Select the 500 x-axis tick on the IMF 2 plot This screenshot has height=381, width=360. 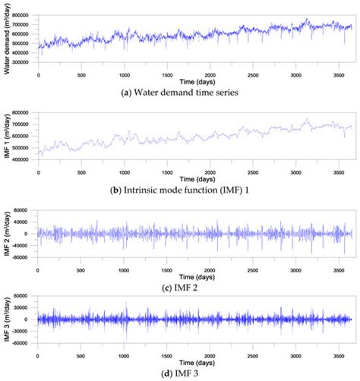81,264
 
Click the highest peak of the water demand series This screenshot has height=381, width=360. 307,19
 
